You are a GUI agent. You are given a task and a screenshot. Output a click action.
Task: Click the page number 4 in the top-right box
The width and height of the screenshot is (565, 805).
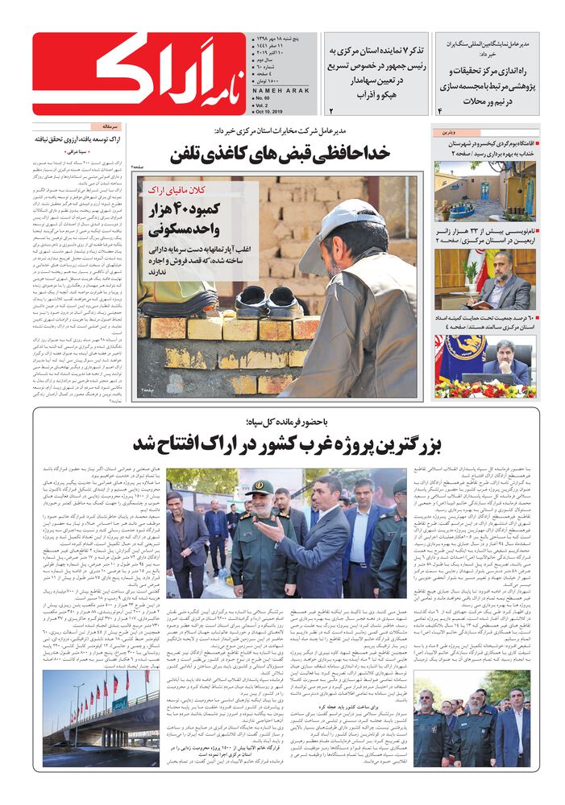coord(440,109)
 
